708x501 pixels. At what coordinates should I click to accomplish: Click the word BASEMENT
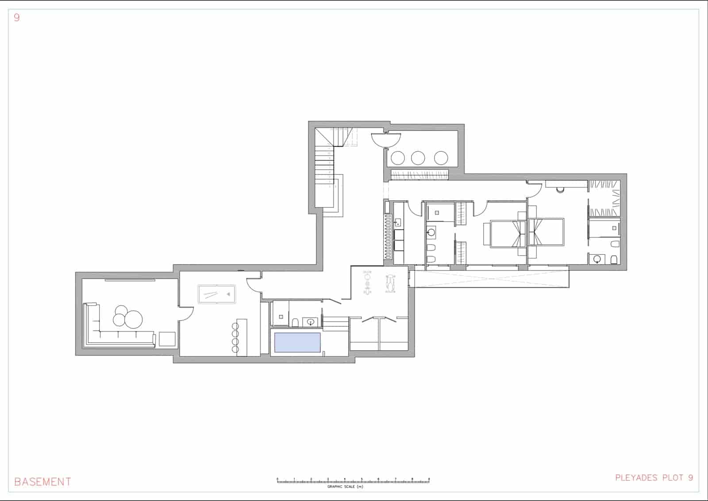42,482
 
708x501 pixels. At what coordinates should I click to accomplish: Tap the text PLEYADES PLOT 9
654,478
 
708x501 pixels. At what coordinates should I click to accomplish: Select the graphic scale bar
353,480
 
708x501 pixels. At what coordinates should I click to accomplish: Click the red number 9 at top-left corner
17,18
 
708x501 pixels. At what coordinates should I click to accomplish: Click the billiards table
216,294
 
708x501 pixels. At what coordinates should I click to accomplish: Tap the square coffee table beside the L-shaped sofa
167,339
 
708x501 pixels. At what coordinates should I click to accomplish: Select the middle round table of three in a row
418,158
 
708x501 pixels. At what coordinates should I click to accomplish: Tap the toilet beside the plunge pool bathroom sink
295,322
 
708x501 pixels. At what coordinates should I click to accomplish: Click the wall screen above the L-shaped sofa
130,280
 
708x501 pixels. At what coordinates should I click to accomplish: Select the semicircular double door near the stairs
386,139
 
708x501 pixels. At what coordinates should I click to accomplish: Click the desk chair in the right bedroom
560,190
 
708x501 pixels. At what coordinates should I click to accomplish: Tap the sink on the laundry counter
397,222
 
